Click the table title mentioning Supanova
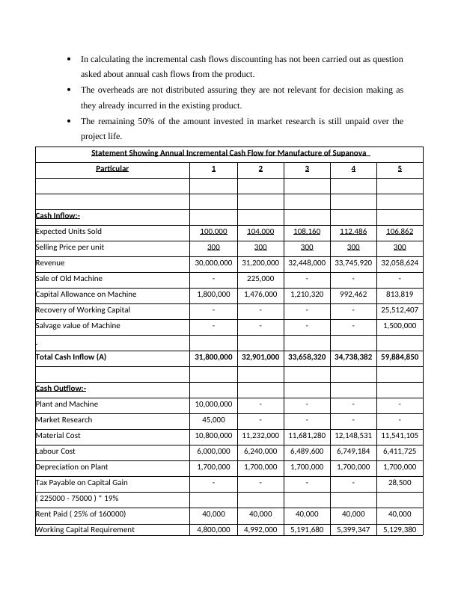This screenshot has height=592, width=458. [230, 153]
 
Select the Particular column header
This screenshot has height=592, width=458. [112, 169]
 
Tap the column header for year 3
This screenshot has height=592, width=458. [307, 169]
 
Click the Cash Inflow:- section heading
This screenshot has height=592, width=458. [58, 216]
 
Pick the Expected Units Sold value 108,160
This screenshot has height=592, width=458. [307, 232]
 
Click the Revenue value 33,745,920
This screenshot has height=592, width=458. [353, 263]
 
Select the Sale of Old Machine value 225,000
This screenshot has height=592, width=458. [260, 279]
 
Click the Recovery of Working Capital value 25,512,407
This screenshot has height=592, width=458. [400, 310]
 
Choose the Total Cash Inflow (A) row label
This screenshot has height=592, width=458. [71, 357]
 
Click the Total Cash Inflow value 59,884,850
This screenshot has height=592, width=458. [400, 357]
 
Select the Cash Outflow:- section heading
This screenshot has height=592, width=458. [61, 389]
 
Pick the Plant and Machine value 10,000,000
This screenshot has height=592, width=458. [214, 404]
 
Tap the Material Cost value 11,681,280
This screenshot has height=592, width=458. [307, 436]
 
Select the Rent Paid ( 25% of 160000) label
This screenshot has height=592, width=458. [80, 514]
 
